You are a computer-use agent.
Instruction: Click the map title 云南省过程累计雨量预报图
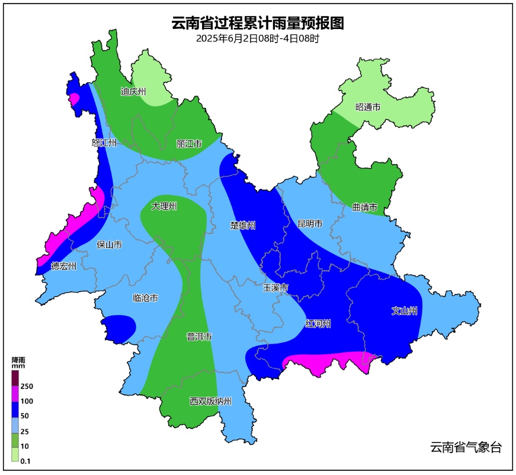(258, 23)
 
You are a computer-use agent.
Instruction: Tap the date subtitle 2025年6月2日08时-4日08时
(258, 39)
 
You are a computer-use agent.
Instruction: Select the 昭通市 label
(367, 107)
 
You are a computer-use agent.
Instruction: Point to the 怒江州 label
(104, 143)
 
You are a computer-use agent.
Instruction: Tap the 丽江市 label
(189, 144)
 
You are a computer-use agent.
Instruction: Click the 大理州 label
(164, 206)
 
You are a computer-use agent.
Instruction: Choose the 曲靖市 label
(364, 207)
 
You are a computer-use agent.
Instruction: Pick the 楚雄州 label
(243, 226)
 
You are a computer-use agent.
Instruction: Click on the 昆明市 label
(310, 224)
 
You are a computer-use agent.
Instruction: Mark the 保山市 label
(109, 244)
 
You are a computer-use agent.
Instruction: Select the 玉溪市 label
(275, 288)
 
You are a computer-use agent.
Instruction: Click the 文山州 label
(405, 311)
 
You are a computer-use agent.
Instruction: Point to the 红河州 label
(318, 324)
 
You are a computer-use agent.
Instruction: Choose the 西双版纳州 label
(210, 402)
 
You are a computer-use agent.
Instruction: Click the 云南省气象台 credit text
(466, 448)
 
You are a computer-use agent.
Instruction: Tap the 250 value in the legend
(27, 386)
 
